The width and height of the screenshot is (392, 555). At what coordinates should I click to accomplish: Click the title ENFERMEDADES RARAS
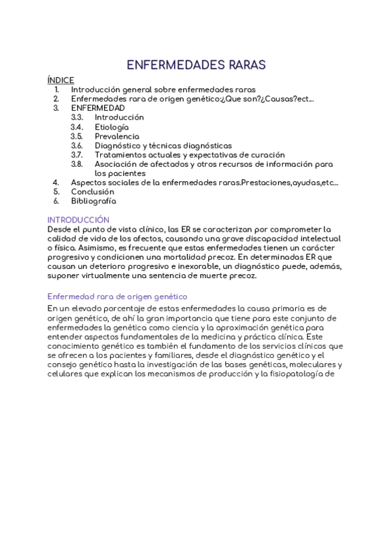tap(196, 65)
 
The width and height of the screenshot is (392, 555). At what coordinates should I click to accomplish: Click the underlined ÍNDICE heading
tap(61, 80)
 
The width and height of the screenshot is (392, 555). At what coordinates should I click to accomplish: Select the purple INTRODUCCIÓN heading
tap(79, 220)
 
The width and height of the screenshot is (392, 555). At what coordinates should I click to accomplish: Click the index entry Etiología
tap(112, 127)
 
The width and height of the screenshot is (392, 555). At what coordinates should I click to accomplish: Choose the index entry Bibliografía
tap(94, 201)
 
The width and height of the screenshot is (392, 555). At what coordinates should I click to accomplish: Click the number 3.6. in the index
tap(77, 145)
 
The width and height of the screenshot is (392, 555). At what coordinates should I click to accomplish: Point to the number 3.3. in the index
tap(77, 117)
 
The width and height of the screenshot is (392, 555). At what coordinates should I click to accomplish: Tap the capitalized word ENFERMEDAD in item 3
tap(98, 108)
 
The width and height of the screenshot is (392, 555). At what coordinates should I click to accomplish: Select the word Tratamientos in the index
tap(121, 154)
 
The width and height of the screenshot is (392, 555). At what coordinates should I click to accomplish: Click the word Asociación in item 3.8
tap(116, 164)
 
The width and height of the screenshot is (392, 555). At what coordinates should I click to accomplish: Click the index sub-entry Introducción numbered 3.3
tap(119, 117)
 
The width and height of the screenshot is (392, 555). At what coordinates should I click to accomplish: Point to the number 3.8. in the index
tap(77, 164)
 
